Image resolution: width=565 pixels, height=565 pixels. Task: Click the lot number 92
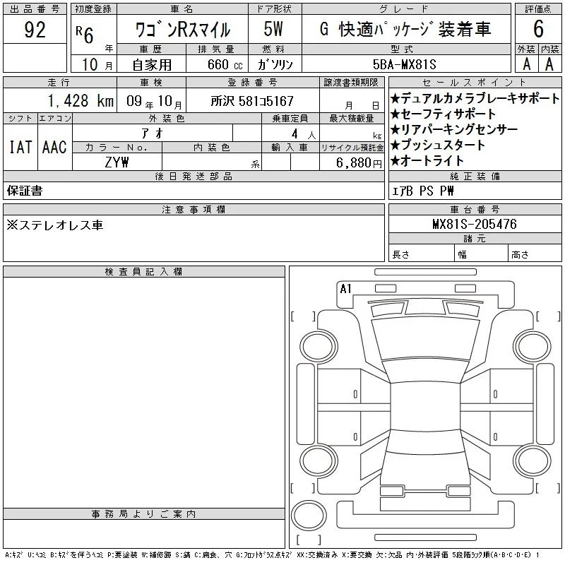[35, 30]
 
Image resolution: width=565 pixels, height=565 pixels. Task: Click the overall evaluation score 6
[538, 29]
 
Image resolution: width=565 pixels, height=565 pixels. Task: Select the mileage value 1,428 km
[81, 101]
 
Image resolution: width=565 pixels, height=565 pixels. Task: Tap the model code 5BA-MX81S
[404, 64]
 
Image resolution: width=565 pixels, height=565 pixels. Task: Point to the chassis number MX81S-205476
[475, 224]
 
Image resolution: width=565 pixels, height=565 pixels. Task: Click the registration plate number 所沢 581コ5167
[252, 101]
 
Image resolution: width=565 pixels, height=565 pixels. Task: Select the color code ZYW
[117, 162]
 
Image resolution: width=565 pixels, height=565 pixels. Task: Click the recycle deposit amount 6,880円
[359, 163]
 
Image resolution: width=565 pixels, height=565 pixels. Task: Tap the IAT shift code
[20, 147]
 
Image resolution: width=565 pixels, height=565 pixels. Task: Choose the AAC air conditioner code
[54, 147]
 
